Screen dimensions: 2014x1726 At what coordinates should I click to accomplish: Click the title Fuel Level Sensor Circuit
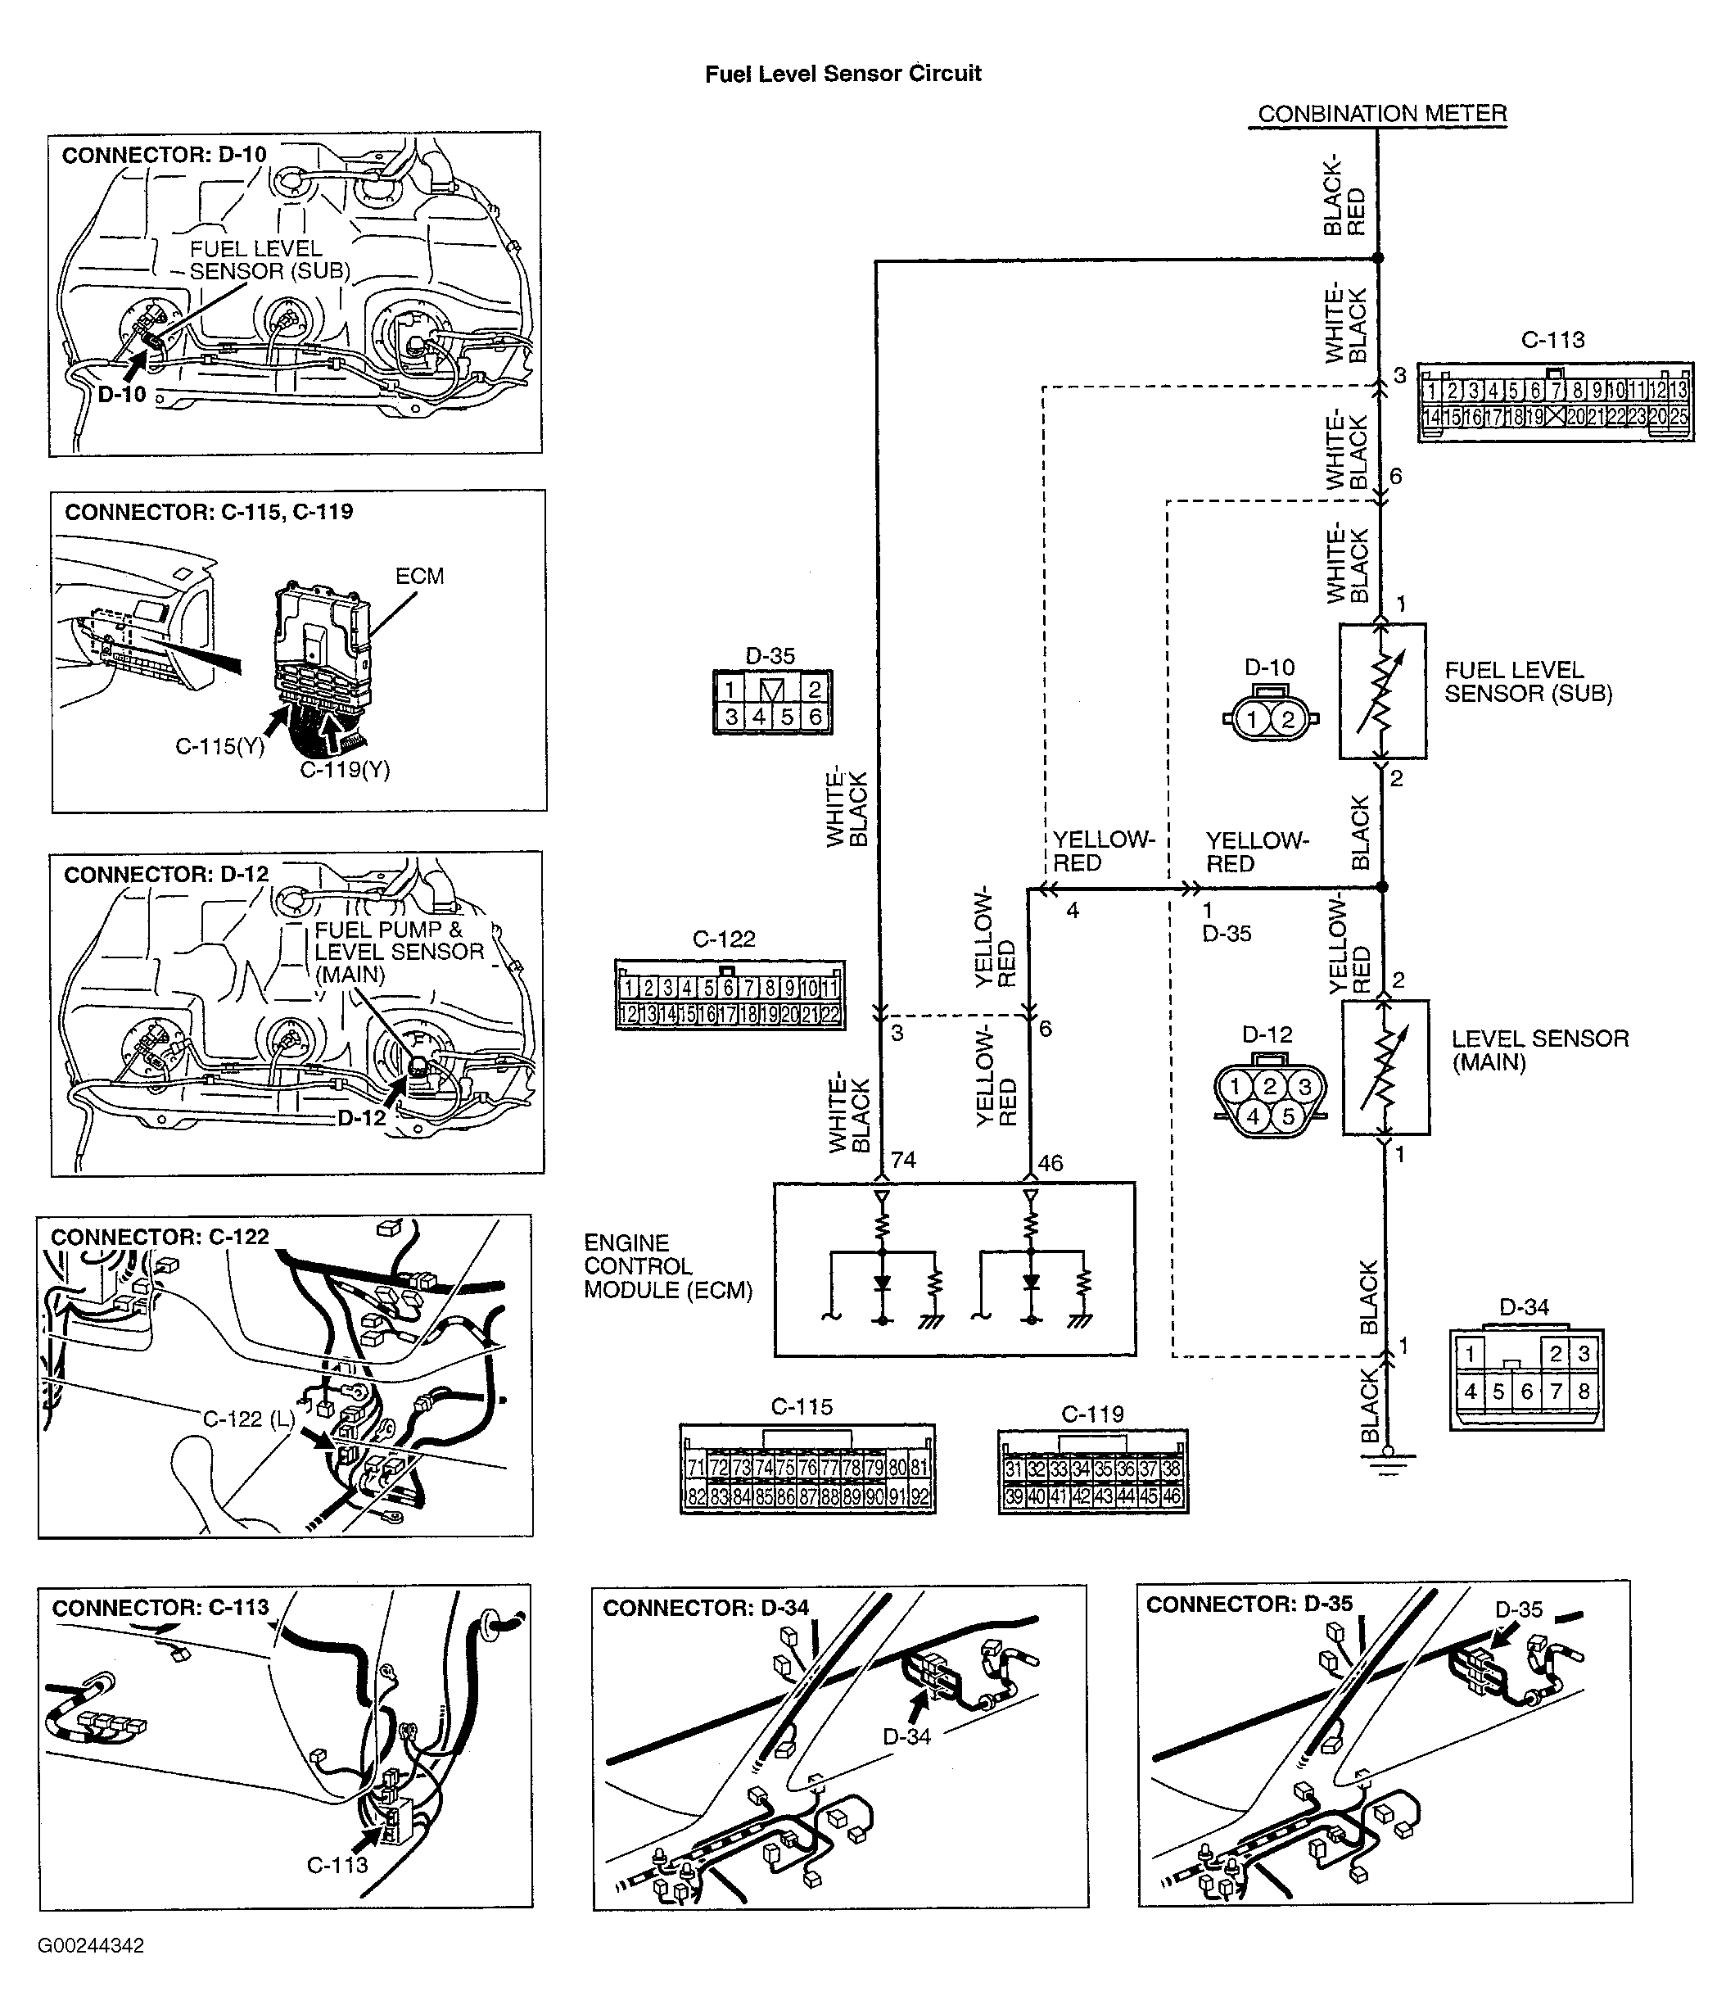[x=843, y=74]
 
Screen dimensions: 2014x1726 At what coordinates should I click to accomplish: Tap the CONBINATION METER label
[x=1381, y=114]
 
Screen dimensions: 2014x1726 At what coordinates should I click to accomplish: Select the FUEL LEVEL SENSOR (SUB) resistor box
[x=1382, y=691]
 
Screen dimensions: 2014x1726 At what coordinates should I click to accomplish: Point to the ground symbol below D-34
[x=1387, y=1461]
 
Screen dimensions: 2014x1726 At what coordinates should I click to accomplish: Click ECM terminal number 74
[x=903, y=1160]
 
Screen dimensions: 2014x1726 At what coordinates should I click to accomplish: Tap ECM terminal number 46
[x=1050, y=1162]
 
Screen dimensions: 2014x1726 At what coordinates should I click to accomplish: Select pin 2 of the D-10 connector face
[x=1288, y=719]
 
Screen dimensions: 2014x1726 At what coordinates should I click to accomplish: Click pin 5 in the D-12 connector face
[x=1288, y=1117]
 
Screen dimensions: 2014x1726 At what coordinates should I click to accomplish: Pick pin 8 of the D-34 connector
[x=1584, y=1392]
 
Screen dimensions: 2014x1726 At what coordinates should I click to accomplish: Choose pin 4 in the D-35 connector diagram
[x=759, y=717]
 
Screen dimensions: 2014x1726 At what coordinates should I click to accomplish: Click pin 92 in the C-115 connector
[x=919, y=1497]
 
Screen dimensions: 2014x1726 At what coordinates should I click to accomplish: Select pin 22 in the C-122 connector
[x=829, y=1015]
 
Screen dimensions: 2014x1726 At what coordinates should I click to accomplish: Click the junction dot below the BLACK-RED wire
[x=1378, y=257]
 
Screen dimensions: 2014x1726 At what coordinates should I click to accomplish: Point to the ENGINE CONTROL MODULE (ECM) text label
[x=667, y=1265]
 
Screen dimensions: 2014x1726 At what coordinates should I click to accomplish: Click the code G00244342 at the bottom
[x=92, y=1945]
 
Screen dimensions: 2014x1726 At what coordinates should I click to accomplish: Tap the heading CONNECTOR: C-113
[x=160, y=1607]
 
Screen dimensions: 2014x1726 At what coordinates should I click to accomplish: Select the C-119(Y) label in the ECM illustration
[x=345, y=770]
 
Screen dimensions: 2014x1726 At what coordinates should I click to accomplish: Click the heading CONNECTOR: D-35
[x=1249, y=1604]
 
